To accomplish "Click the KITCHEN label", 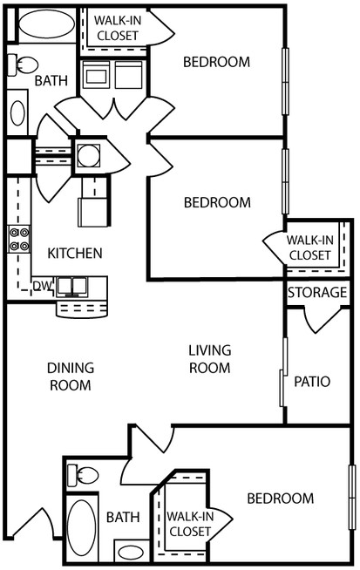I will [75, 254].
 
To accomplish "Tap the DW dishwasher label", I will [41, 285].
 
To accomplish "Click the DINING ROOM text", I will [70, 377].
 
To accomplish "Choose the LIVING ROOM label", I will [210, 359].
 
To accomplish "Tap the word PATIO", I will [312, 381].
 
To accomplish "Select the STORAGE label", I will [317, 293].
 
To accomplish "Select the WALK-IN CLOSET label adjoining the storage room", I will [309, 247].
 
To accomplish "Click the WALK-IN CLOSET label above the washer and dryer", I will [119, 28].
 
